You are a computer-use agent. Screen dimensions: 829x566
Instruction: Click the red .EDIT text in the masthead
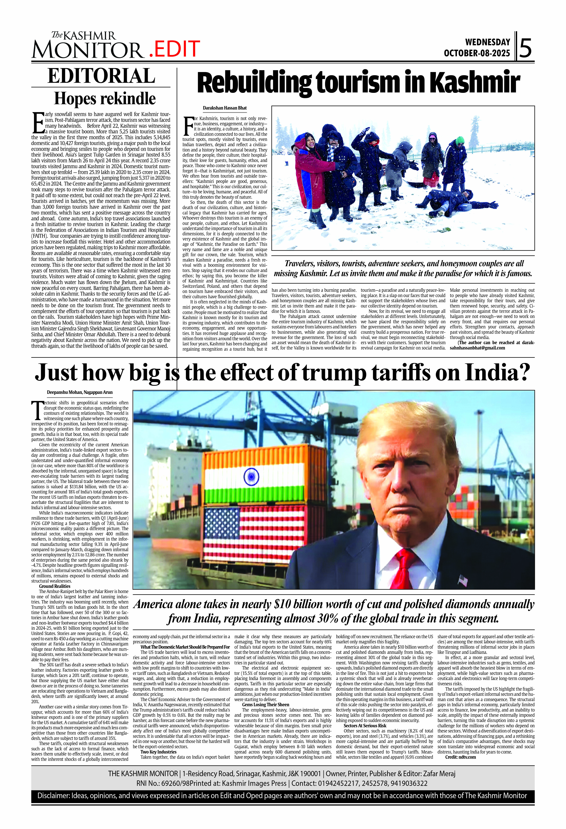[x=174, y=49]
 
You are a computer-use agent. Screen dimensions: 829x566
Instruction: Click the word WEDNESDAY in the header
[x=487, y=42]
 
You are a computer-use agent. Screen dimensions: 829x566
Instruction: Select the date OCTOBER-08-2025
[x=477, y=53]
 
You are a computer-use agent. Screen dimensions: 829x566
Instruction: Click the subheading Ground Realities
[x=55, y=586]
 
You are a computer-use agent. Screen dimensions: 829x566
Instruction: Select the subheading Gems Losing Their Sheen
[x=266, y=705]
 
